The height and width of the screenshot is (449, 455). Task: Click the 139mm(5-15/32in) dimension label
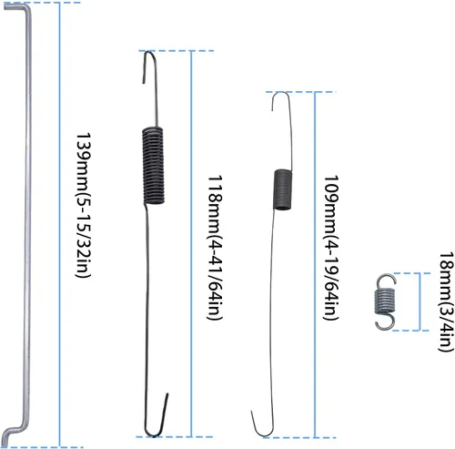83,205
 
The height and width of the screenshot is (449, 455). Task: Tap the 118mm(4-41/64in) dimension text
215,247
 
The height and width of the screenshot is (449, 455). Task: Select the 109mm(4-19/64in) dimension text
331,247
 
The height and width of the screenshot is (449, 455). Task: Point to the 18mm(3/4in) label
447,301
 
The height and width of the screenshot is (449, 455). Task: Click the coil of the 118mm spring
154,165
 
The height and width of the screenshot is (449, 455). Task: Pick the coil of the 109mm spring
283,189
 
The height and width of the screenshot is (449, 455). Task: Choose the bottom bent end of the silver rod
14,430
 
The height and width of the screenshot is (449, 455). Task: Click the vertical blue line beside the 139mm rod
60,225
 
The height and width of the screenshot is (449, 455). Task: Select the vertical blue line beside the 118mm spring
191,244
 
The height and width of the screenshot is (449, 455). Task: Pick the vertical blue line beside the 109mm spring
316,264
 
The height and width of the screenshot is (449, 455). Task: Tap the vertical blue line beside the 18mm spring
420,301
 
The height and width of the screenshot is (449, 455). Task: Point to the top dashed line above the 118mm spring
176,51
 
